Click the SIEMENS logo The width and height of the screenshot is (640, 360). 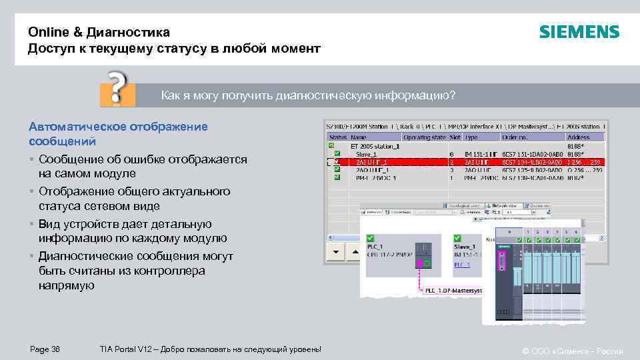[x=579, y=31]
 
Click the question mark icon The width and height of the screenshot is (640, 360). [x=117, y=89]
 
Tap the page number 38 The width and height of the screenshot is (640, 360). [x=55, y=350]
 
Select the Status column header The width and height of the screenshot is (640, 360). [x=337, y=137]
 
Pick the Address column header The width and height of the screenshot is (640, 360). [x=578, y=137]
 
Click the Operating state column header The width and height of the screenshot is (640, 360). [x=425, y=137]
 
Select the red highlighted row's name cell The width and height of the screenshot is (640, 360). [x=372, y=162]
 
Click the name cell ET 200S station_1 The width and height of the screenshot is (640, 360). [x=375, y=145]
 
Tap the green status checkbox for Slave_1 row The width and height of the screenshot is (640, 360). [x=337, y=154]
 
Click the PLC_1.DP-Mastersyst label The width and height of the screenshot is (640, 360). [x=452, y=290]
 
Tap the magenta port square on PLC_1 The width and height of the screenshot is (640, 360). [x=420, y=265]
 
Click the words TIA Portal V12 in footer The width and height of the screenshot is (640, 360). [x=127, y=350]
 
